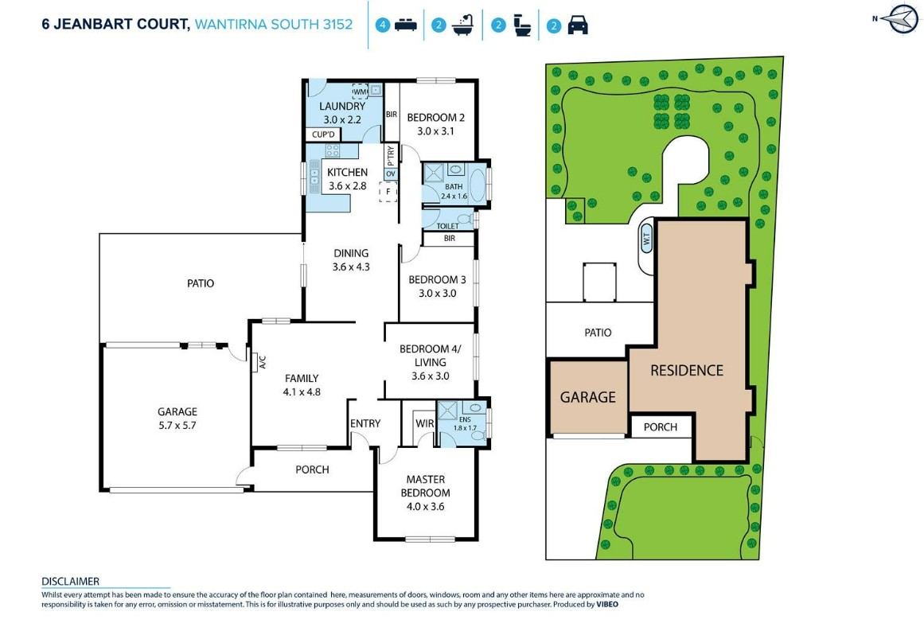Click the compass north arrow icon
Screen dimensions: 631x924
896,19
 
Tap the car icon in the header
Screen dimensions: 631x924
578,25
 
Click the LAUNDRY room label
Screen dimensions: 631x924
342,106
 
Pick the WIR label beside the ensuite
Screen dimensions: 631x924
424,423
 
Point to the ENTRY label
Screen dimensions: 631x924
365,423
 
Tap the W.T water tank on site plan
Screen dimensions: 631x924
645,240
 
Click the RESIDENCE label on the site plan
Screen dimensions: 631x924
686,370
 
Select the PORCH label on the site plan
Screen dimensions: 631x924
660,427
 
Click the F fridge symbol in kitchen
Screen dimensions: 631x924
388,191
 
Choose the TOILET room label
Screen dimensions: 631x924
447,226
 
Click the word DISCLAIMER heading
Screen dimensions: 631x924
70,582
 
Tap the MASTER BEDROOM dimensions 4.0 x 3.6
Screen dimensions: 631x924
426,506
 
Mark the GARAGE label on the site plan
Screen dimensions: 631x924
587,396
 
